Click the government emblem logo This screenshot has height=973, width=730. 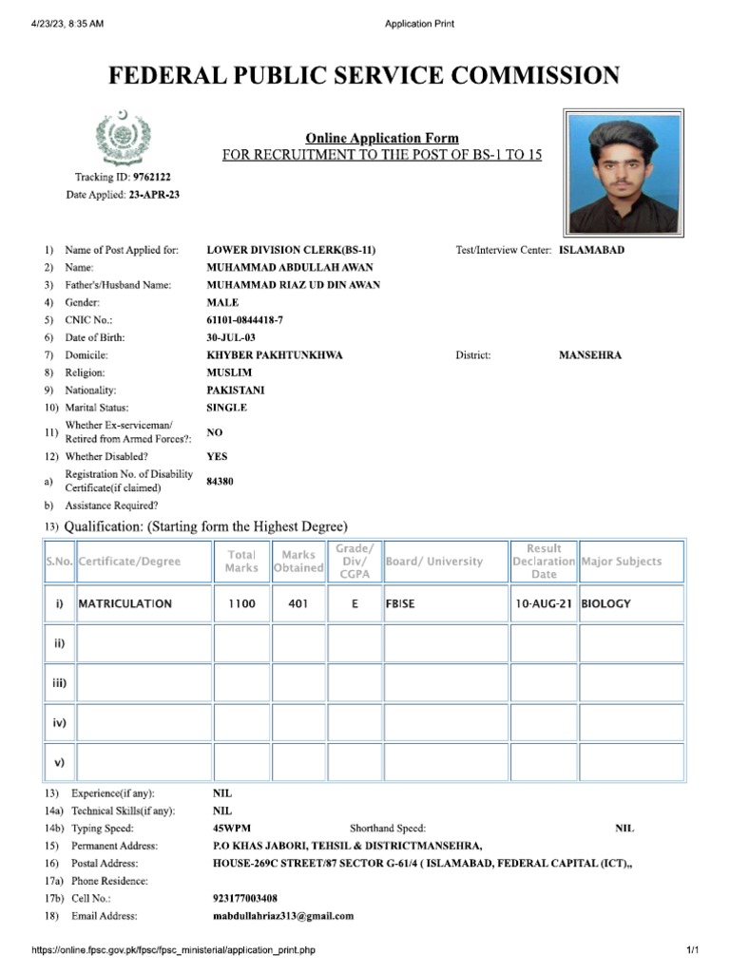point(124,140)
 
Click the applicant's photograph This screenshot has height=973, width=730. point(624,173)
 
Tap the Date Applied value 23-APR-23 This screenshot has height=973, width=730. point(154,195)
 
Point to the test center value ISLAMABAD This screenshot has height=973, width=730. point(591,250)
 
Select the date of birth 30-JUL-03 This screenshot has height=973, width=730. point(231,337)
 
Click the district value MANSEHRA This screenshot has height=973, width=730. point(590,355)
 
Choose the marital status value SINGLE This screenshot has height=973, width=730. point(227,408)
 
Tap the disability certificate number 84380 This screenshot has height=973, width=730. point(220,482)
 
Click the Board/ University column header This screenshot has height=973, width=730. point(434,562)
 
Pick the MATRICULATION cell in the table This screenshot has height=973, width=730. point(125,603)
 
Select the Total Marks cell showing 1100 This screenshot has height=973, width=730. point(241,603)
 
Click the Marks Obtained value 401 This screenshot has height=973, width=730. point(298,603)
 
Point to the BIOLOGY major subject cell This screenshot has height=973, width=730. point(605,603)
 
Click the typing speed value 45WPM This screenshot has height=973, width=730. point(232,829)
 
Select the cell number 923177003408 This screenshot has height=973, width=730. point(245,898)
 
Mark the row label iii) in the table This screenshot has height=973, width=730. point(59,682)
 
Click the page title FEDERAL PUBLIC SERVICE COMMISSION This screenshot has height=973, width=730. point(364,76)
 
